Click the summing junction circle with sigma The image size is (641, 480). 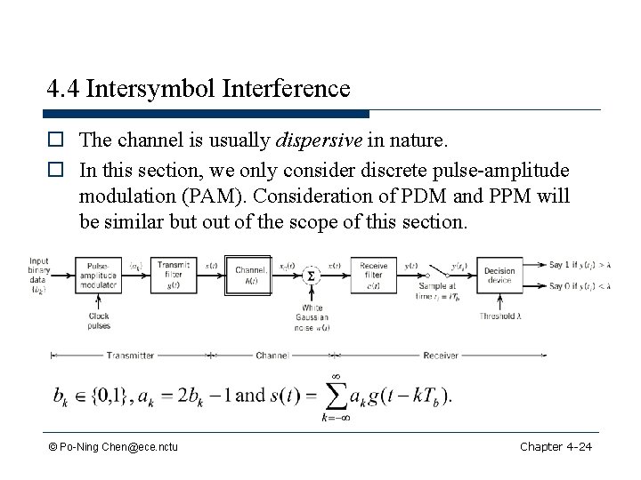coord(310,275)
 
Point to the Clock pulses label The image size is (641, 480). coord(100,319)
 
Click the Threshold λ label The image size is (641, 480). coord(501,314)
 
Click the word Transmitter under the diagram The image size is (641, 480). coord(130,355)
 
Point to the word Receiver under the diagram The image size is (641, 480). coord(440,355)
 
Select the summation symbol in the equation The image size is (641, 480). coord(334,394)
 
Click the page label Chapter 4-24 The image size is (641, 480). coord(556,444)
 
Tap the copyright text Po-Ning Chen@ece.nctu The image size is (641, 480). coord(113,444)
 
